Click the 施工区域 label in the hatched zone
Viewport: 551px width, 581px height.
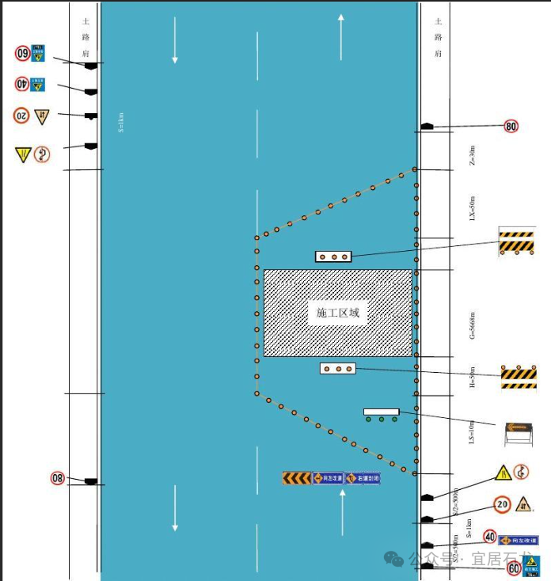coord(338,313)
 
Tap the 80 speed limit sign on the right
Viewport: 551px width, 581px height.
coord(511,126)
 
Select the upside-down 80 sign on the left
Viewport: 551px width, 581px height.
coord(58,477)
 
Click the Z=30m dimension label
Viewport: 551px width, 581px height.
coord(473,154)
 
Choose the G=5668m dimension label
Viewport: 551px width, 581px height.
coord(473,325)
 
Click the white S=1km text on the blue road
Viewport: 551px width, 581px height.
coord(121,123)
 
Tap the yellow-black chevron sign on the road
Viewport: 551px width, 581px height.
coord(297,478)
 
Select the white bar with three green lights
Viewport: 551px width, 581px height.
coord(382,413)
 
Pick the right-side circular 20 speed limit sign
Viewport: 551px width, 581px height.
coord(502,504)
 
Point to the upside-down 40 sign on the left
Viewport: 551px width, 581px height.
coord(22,84)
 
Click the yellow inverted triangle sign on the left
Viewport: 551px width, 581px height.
coord(22,154)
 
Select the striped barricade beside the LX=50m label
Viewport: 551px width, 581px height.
coord(517,242)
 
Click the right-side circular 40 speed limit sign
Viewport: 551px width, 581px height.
coord(490,537)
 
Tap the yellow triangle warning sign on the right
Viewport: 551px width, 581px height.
coord(502,473)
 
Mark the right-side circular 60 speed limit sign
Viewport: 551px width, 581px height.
coord(514,568)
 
